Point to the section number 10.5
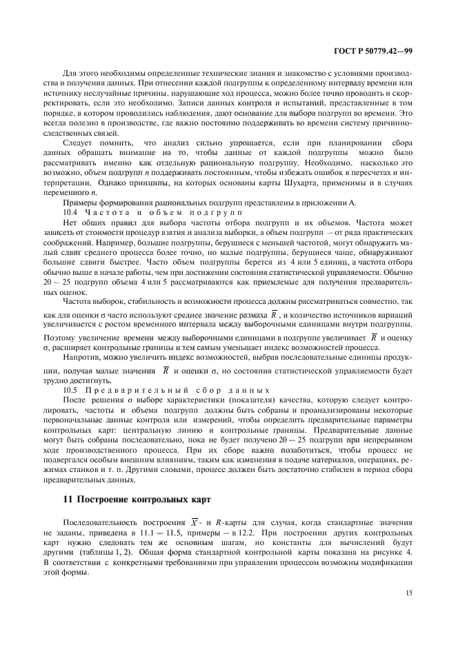click(x=70, y=391)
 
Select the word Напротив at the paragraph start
click(x=81, y=359)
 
